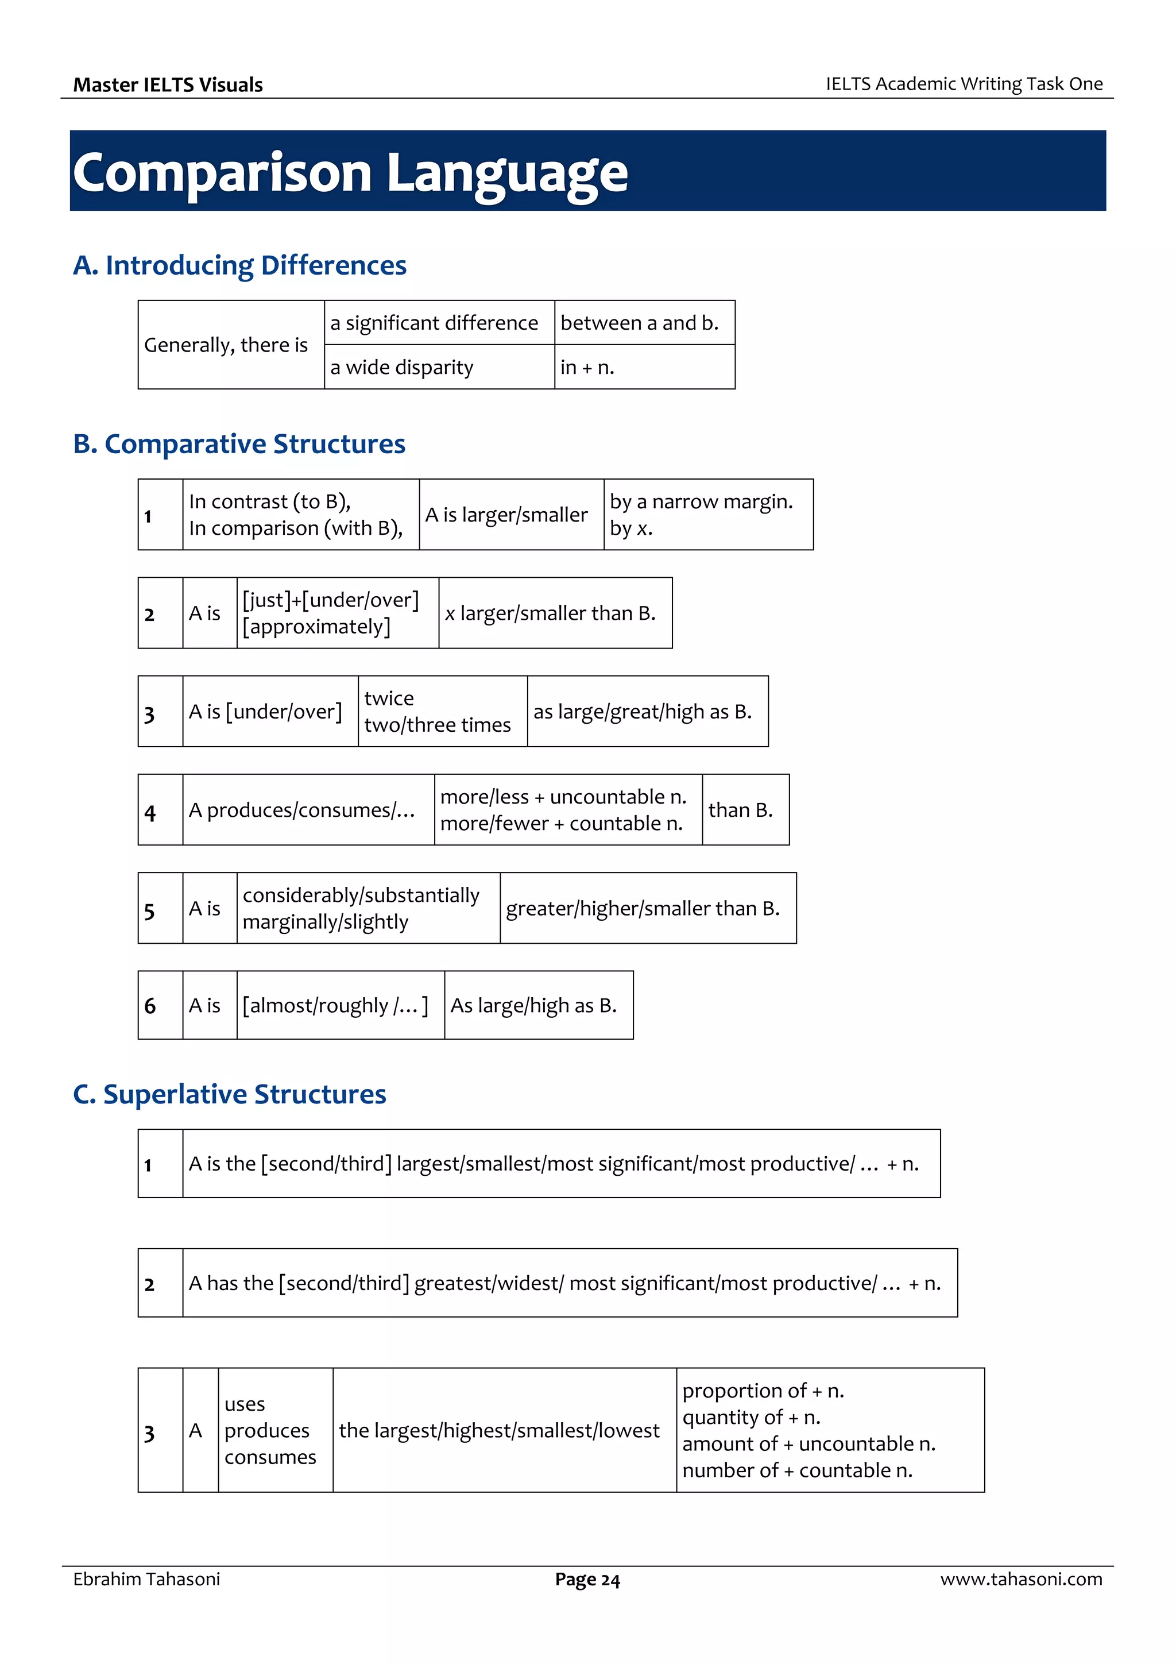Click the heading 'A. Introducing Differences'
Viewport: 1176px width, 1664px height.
[240, 265]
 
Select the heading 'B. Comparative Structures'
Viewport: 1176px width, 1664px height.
[239, 443]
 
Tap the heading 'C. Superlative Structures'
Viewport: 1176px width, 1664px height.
[230, 1094]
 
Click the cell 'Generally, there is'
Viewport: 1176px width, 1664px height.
[226, 345]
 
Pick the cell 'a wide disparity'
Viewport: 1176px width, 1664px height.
[401, 368]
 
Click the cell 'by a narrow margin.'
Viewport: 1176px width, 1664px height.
[701, 501]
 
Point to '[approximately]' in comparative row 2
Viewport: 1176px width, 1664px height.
[316, 627]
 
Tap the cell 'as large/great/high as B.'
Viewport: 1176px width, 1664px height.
[642, 712]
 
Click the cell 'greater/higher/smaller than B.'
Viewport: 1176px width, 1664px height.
[642, 908]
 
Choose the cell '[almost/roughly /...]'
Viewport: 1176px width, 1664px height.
[335, 1005]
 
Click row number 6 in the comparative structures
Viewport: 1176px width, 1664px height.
[150, 1006]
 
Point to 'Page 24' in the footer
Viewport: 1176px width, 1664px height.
[587, 1580]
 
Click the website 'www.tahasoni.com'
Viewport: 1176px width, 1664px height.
[1021, 1579]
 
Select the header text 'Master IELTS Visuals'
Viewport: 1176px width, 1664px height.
[168, 85]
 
